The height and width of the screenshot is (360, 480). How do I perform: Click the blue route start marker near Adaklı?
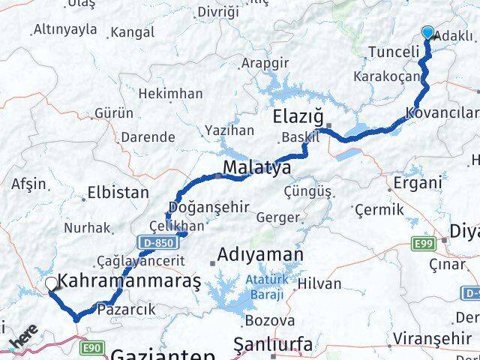pos(427,32)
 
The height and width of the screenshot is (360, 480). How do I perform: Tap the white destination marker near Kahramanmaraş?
pos(51,283)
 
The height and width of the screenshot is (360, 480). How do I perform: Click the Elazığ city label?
pos(298,118)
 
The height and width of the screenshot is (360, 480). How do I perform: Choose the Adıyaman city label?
pos(259,256)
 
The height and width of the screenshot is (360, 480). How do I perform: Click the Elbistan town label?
pos(118,192)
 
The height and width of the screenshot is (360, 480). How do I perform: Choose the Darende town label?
pos(151,137)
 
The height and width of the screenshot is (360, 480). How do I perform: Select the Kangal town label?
pos(132,33)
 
